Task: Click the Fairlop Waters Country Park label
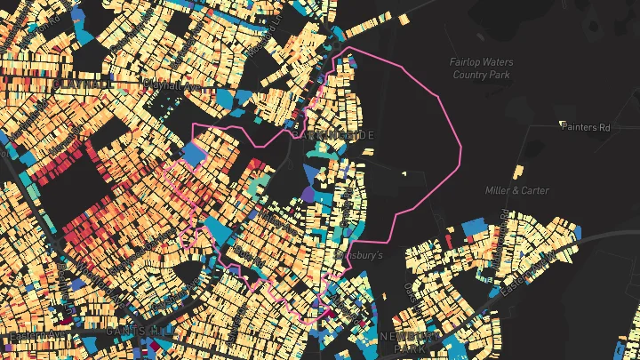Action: (481, 68)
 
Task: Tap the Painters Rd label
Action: (587, 127)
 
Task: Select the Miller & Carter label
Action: (517, 190)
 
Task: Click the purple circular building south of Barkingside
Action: (308, 193)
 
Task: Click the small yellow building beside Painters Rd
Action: (563, 123)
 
